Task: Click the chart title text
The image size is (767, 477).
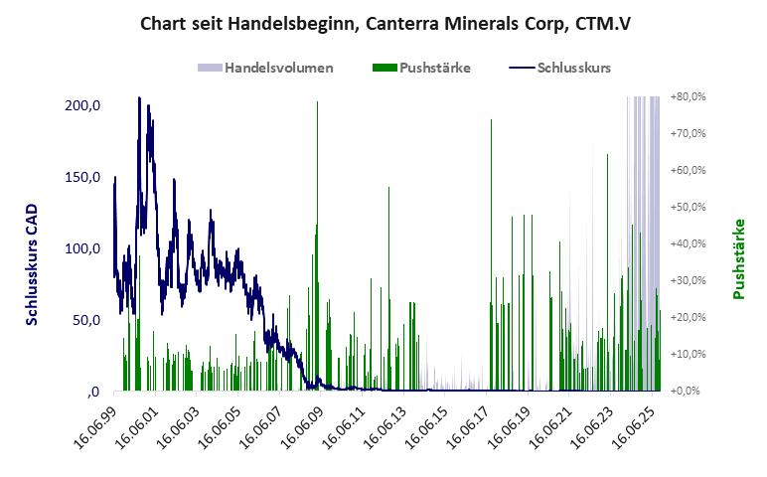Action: [x=383, y=23]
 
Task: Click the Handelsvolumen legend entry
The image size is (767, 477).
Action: [x=265, y=69]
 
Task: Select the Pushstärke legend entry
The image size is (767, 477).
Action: [x=420, y=69]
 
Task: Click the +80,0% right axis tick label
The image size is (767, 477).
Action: [x=688, y=97]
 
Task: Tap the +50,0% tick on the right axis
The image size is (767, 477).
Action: [x=688, y=208]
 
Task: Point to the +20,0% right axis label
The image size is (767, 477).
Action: [x=688, y=317]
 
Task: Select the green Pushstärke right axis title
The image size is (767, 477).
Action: [x=739, y=258]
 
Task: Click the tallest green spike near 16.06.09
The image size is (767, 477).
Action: [x=318, y=104]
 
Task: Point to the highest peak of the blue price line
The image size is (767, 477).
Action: [x=138, y=98]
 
